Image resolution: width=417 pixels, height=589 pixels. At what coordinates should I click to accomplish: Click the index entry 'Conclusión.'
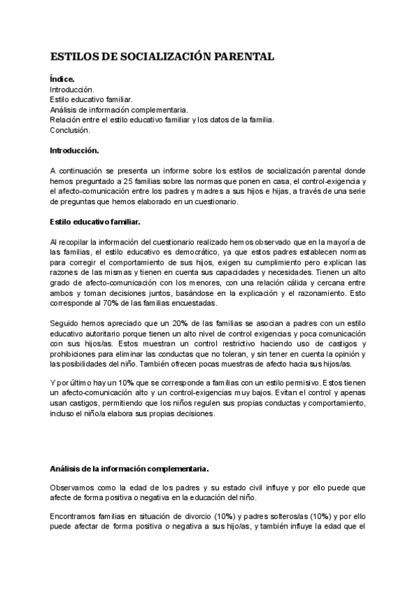coord(69,130)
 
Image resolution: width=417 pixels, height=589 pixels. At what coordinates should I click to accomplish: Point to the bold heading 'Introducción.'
coord(74,150)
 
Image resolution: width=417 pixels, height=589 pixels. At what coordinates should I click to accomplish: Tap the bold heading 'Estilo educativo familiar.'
coord(95,222)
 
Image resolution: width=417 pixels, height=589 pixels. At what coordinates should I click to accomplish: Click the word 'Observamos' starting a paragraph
coord(72,487)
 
